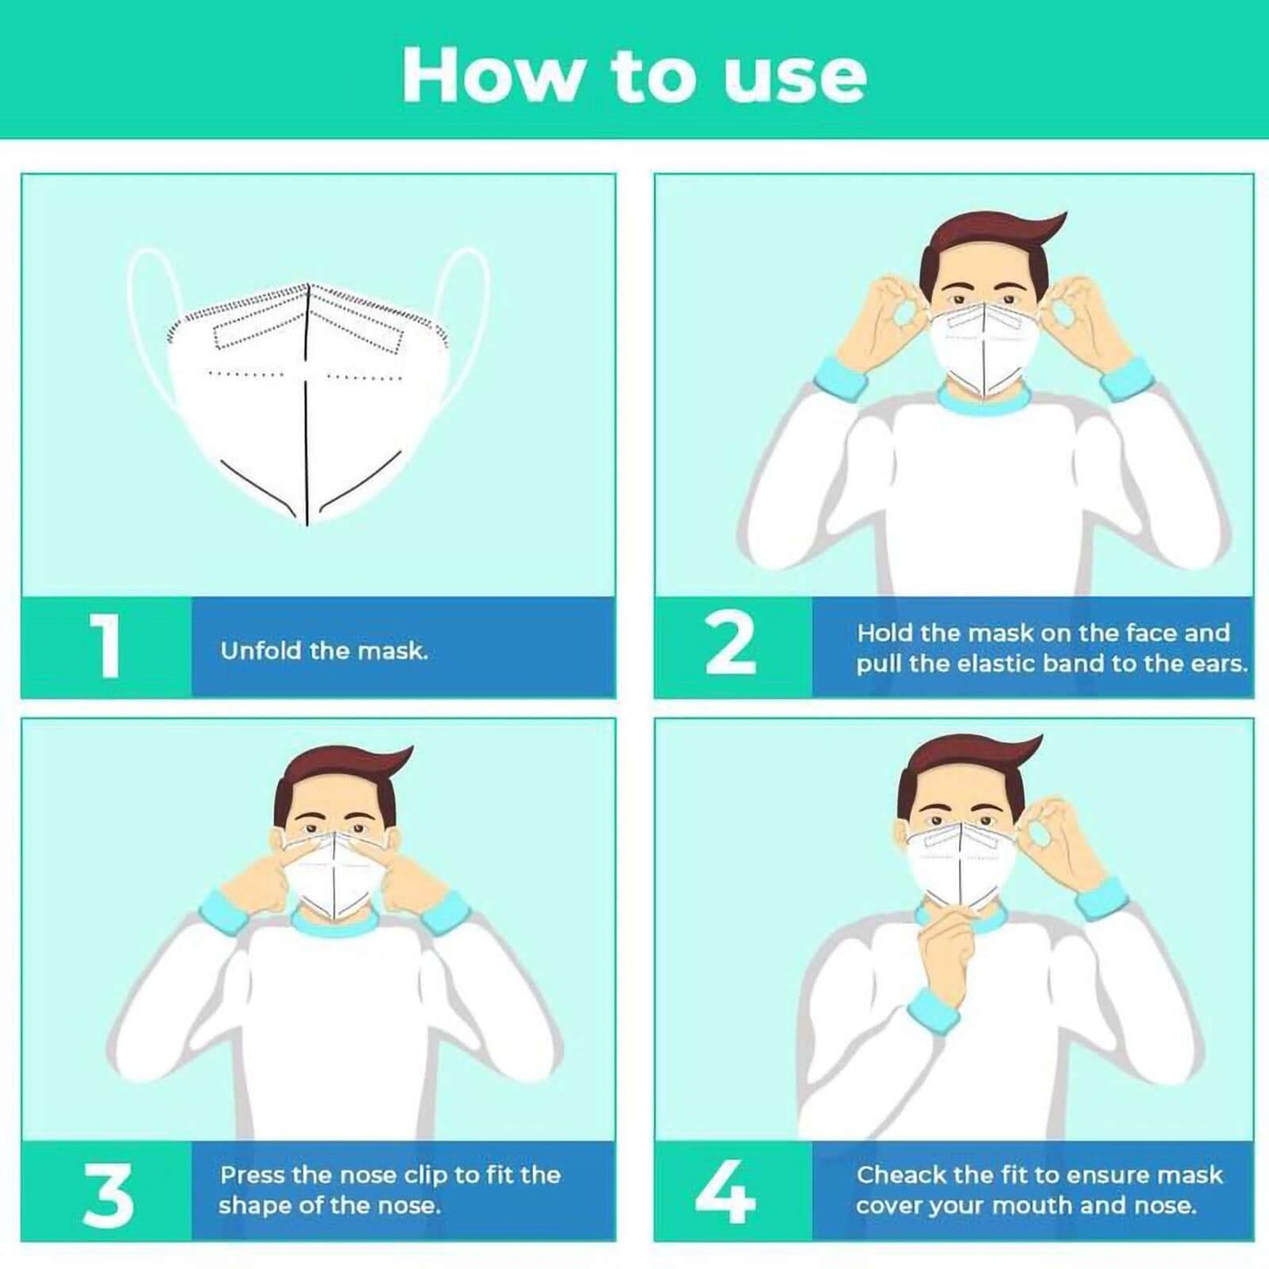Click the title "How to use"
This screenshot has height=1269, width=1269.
click(x=634, y=76)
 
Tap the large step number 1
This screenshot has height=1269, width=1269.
click(x=106, y=646)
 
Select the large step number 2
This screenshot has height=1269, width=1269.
click(x=731, y=645)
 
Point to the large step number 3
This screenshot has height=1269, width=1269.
click(x=108, y=1194)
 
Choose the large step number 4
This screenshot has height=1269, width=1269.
click(x=725, y=1193)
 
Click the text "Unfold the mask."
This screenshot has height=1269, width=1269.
click(x=324, y=651)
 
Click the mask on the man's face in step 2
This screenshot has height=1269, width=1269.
click(x=983, y=347)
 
